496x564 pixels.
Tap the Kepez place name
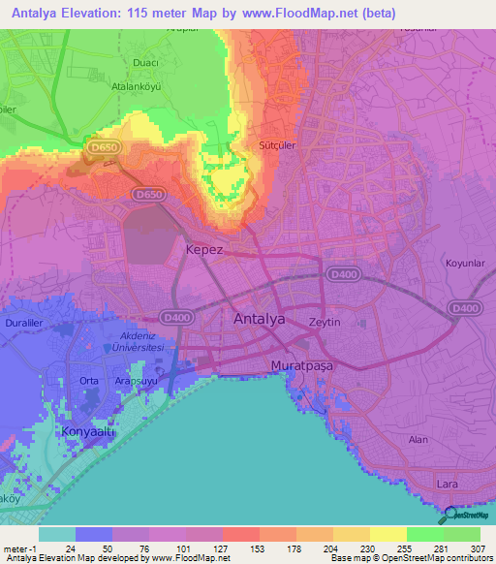[204, 249]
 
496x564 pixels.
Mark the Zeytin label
[325, 321]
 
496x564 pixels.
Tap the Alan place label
[418, 439]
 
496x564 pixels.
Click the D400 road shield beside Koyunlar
[465, 308]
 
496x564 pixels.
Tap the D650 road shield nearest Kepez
[148, 195]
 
